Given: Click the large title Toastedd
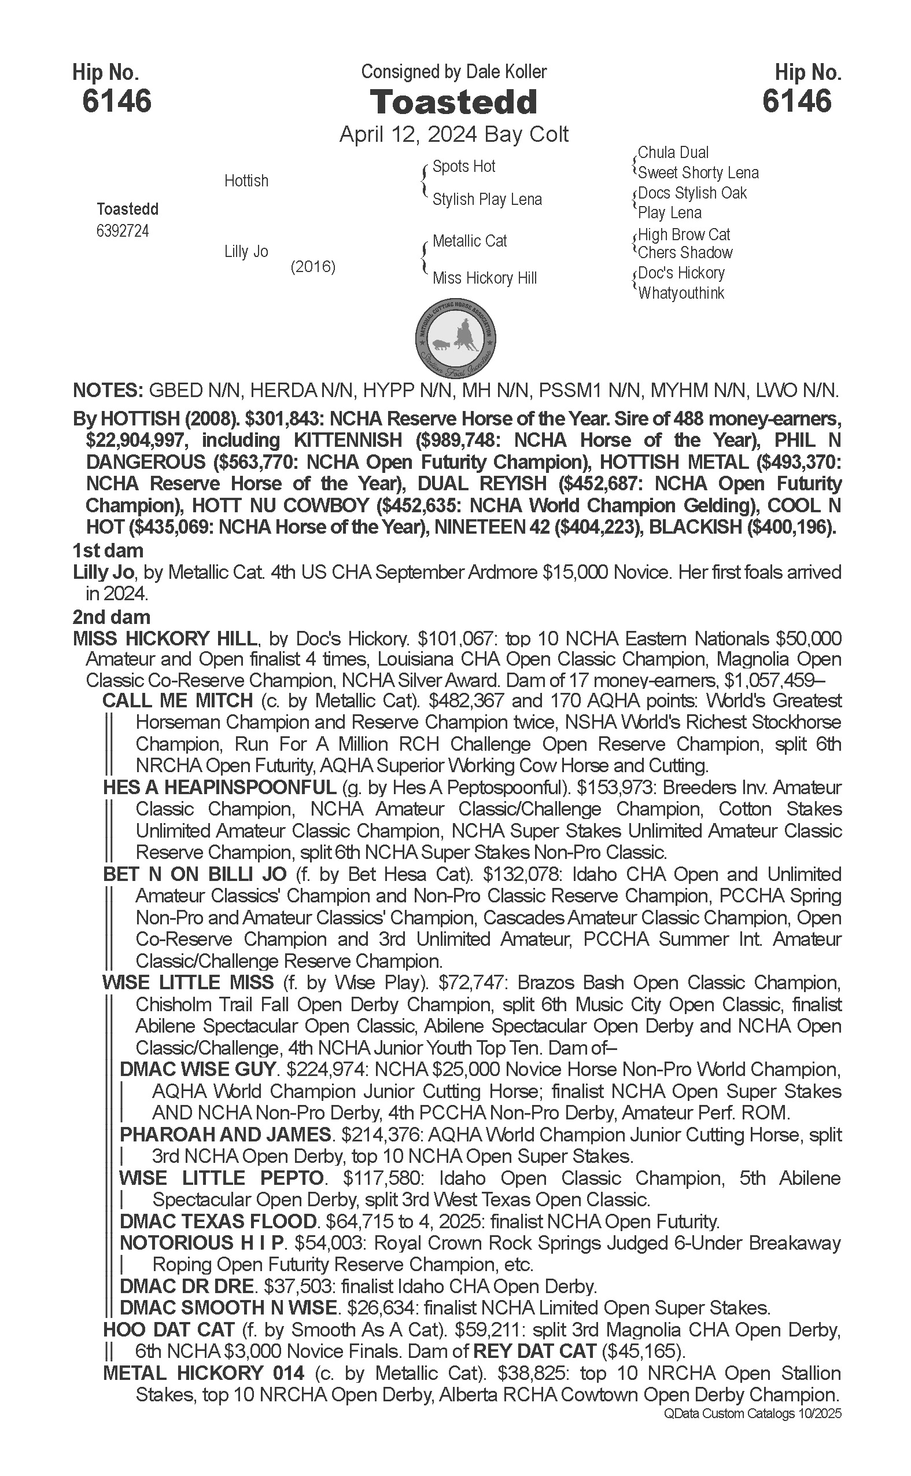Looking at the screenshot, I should point(453,102).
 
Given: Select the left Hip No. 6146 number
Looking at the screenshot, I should point(117,101).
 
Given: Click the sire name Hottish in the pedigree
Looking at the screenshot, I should point(246,181).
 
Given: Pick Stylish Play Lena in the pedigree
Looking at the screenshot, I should point(487,200).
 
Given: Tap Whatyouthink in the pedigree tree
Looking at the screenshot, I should point(681,294).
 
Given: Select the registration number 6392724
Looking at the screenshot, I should point(122,232).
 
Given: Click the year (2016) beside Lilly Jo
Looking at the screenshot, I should point(313,266).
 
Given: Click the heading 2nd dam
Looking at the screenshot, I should point(112,617).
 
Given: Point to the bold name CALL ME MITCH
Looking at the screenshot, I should point(178,700).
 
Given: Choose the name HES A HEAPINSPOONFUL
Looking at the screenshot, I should point(219,787).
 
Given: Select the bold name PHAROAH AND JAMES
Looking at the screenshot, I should point(226,1134).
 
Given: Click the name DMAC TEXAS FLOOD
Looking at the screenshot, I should point(218,1221).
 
